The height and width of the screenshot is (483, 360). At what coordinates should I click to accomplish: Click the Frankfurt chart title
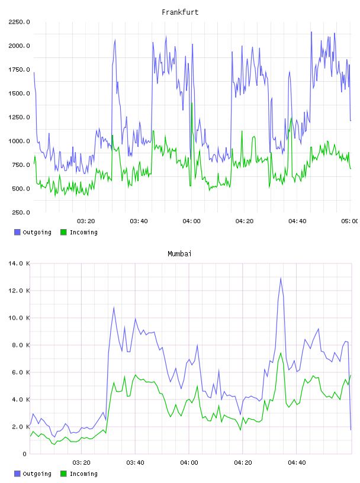click(x=180, y=12)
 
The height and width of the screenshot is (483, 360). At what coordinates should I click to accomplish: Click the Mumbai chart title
click(x=179, y=253)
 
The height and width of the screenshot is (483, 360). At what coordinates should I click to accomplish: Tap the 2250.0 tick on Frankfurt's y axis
click(x=19, y=22)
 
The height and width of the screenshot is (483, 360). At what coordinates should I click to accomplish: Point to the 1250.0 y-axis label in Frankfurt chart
click(x=19, y=117)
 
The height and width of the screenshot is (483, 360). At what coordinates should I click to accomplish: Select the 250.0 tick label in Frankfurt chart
click(x=21, y=212)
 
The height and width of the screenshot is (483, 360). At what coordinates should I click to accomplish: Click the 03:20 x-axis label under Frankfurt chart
click(x=86, y=221)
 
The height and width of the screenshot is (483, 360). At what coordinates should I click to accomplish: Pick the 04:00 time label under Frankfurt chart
click(x=191, y=221)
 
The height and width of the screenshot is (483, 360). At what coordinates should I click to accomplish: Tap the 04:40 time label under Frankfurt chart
click(x=297, y=221)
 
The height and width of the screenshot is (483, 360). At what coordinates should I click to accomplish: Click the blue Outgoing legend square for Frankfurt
click(x=17, y=232)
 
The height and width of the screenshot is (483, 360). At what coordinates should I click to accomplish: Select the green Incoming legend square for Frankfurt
click(x=63, y=232)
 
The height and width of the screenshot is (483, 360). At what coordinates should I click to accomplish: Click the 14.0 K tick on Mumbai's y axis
click(x=19, y=263)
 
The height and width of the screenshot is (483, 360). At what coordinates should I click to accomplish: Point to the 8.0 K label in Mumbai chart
click(x=21, y=345)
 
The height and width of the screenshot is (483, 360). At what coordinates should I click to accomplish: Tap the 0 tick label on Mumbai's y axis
click(x=24, y=454)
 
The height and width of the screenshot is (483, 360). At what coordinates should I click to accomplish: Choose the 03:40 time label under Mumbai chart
click(x=135, y=462)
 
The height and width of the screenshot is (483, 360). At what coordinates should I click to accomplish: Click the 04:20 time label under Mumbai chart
click(x=243, y=462)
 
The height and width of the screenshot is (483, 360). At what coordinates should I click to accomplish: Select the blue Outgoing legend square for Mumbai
click(x=17, y=474)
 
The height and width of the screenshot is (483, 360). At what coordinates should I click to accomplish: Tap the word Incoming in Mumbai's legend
click(x=83, y=474)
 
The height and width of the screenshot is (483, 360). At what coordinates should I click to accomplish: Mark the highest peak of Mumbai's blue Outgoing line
click(x=281, y=278)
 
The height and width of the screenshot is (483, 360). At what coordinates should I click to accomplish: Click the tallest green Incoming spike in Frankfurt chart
click(x=192, y=103)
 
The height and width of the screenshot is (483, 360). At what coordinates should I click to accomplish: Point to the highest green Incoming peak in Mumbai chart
click(x=281, y=353)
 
